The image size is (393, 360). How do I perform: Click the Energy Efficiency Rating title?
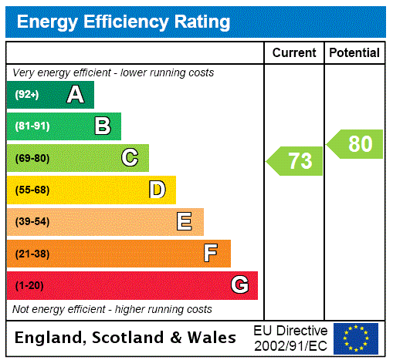[124, 22]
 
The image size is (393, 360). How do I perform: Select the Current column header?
[294, 53]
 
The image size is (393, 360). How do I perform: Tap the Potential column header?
[354, 53]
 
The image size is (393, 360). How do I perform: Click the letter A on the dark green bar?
[75, 95]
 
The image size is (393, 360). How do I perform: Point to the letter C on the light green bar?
[130, 158]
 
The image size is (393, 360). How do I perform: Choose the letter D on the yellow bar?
[157, 190]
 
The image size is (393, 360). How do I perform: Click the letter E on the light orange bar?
[184, 222]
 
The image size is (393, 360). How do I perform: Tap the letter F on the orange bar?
[211, 254]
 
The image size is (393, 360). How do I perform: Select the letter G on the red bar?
[239, 285]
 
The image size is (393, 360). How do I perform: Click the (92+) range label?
[27, 95]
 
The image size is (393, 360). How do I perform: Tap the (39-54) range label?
[32, 222]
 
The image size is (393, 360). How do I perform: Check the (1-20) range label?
[29, 286]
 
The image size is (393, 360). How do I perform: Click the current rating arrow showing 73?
[296, 161]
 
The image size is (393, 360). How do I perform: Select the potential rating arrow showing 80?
[355, 144]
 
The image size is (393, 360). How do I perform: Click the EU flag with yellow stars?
[356, 338]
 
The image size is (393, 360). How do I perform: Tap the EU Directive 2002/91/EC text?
[290, 338]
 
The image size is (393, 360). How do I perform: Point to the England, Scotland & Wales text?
[126, 338]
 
